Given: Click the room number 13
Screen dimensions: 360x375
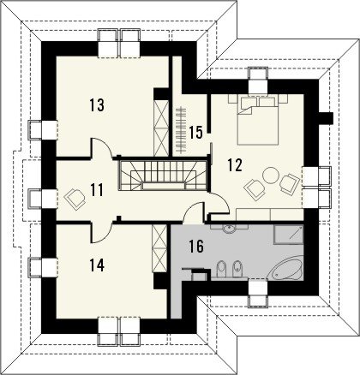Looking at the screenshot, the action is (x=97, y=104).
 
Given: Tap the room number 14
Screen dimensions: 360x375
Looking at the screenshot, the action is (x=97, y=265).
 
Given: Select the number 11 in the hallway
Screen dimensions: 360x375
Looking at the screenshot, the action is (x=97, y=190).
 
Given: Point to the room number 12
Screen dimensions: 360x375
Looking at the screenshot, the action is (x=235, y=165).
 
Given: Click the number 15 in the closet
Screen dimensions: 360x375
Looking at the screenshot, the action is (x=195, y=133).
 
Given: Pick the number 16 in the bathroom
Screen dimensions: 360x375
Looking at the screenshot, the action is (x=196, y=247).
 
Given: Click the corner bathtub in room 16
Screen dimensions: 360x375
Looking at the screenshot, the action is (x=286, y=269).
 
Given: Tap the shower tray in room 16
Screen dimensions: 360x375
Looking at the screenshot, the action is (x=289, y=234).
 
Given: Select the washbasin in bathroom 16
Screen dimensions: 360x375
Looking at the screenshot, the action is (x=229, y=229).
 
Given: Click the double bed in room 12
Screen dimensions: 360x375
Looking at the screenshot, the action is (x=258, y=121).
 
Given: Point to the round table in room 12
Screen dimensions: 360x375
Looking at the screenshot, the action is (x=270, y=176).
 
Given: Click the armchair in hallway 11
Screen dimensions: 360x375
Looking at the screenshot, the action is (x=75, y=199).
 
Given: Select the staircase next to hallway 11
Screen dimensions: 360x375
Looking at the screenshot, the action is (x=163, y=176).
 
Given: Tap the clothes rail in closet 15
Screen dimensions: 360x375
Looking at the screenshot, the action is (x=181, y=130).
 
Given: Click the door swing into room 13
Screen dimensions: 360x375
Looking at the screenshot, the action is (x=101, y=148).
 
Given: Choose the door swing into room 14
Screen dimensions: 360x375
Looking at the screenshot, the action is (x=101, y=233).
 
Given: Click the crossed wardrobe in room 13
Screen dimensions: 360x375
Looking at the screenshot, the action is (x=161, y=128).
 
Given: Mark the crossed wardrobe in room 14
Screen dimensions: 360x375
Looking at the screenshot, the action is (x=159, y=248).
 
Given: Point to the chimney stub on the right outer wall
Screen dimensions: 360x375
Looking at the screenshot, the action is (x=326, y=118).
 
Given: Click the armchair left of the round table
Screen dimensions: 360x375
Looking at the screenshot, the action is (x=254, y=189).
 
